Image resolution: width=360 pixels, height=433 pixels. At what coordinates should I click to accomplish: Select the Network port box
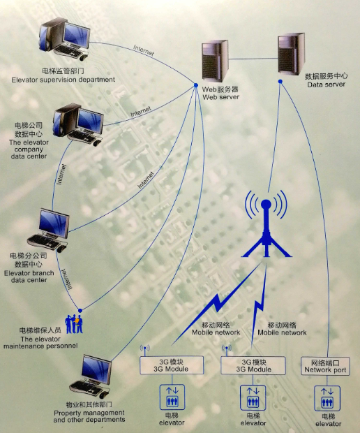coord(325,367)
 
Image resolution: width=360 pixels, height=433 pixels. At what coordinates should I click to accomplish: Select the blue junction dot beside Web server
coord(197,87)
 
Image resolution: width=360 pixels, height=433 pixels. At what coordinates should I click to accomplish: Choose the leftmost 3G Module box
coord(172,365)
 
